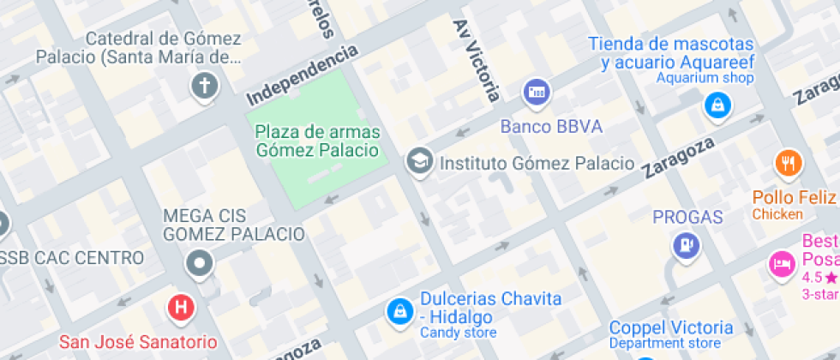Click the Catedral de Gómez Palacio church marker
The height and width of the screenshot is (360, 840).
203,86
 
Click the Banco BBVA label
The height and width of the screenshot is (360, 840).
551,127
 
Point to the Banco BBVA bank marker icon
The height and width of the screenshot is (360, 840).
537,91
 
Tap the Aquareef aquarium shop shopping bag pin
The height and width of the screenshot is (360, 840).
716,106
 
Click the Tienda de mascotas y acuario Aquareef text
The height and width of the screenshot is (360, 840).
671,53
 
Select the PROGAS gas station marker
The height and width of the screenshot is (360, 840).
687,246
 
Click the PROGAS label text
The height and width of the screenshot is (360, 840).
687,217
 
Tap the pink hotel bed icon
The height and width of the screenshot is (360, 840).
780,261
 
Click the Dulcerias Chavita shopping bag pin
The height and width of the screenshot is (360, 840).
399,311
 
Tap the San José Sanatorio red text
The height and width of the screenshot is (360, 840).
137,342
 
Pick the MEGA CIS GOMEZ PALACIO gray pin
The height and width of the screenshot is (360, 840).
200,263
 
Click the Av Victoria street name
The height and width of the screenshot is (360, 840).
477,60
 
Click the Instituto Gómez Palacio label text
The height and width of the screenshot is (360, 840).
537,163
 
